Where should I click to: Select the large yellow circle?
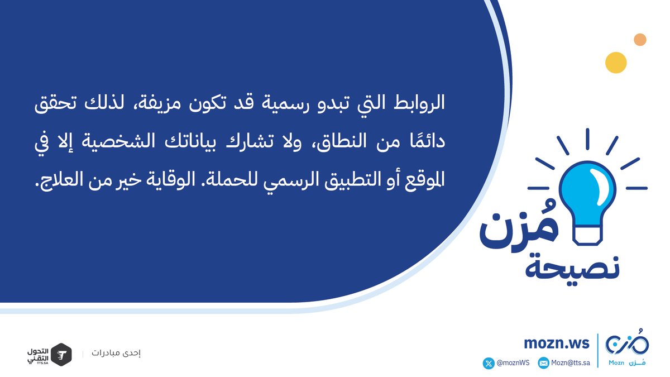[616, 63]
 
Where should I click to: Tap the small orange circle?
[640, 40]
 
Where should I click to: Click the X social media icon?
[489, 363]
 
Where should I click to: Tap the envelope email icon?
[543, 363]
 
